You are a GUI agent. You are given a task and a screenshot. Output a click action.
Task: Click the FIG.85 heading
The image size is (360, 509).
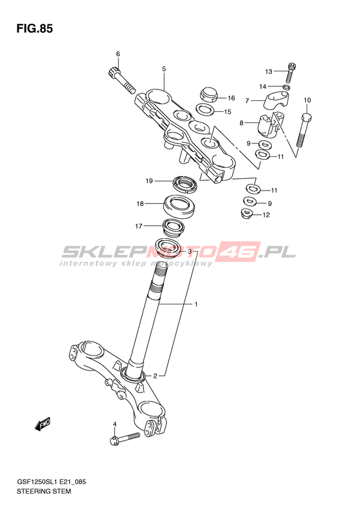[34, 29]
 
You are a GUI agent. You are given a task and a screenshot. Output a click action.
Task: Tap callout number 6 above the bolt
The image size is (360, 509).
[118, 54]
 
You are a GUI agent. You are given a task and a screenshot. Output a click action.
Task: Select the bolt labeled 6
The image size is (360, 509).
[121, 80]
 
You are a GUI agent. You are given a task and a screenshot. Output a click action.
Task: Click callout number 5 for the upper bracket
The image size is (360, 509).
[164, 69]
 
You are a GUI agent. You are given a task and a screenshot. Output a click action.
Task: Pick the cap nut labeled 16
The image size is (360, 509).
[208, 94]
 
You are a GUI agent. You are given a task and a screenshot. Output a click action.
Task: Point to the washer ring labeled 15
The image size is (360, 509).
[205, 109]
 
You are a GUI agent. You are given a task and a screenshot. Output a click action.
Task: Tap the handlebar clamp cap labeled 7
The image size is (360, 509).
[276, 101]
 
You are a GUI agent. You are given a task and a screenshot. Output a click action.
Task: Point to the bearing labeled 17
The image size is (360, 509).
[173, 227]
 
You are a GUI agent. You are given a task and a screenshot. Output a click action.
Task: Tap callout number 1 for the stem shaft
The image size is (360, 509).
[196, 304]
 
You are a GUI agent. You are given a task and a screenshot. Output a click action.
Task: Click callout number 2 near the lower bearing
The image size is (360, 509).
[155, 376]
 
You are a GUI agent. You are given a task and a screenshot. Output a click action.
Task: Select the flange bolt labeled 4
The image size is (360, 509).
[125, 438]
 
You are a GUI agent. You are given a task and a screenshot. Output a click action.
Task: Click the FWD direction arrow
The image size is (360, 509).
[42, 423]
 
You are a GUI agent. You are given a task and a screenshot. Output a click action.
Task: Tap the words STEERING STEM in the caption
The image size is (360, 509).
[44, 491]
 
